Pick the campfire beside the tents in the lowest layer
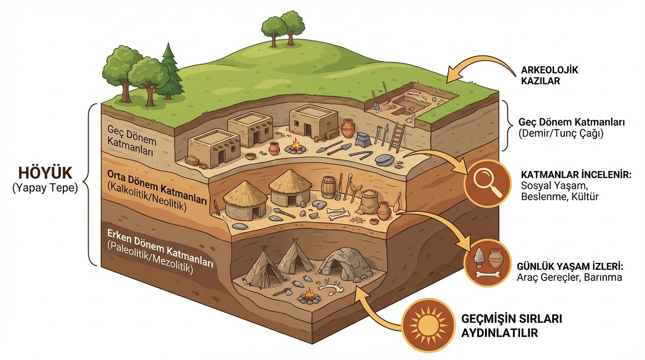pos(309,296)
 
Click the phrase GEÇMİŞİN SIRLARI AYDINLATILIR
pos(511,325)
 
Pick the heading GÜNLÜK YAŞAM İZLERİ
pos(570,266)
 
